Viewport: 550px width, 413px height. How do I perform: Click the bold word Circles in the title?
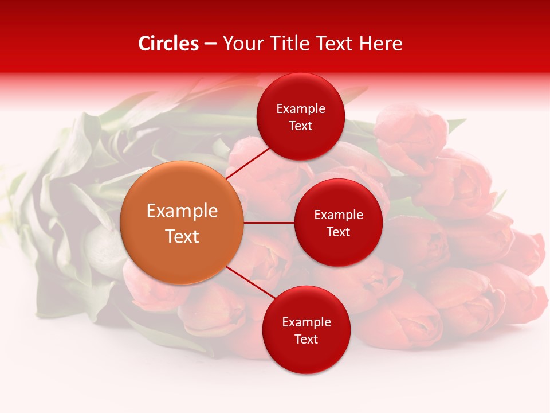click(168, 44)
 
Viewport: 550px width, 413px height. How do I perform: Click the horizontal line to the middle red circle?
click(269, 223)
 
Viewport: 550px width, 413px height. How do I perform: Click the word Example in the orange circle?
click(182, 211)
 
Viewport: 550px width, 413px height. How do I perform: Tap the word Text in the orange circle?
click(182, 236)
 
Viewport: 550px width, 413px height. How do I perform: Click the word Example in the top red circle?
click(301, 108)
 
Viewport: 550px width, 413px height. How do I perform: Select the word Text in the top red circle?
click(301, 126)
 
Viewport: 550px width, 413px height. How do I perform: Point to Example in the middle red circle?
click(339, 215)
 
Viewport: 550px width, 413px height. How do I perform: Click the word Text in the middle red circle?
click(339, 232)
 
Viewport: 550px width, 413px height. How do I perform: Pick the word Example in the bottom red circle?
click(307, 322)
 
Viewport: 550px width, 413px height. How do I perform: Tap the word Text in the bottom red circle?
click(307, 339)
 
